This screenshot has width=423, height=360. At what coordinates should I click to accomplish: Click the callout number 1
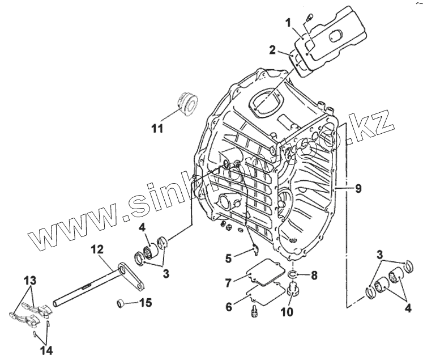point(288,23)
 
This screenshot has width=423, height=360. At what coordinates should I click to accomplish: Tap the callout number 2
point(273,50)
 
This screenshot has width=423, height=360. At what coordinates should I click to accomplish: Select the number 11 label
point(157,128)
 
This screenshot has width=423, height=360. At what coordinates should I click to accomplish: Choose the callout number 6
point(229,307)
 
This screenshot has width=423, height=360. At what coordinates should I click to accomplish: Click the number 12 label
point(97,248)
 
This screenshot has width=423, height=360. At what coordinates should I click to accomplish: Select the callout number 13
point(28,281)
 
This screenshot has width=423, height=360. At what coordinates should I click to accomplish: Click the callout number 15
point(146,303)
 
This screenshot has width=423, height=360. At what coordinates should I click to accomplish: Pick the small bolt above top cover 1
point(310,18)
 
